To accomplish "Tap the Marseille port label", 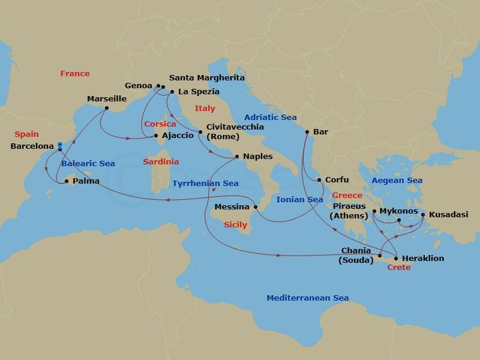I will (x=107, y=98).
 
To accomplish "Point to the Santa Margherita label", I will (x=206, y=78).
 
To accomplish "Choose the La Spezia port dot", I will (x=172, y=92).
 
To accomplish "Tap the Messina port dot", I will (x=256, y=207).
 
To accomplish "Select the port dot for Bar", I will (x=307, y=132).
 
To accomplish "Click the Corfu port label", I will (x=336, y=179).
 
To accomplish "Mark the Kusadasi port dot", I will (x=423, y=214).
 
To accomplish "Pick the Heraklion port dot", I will (x=396, y=258).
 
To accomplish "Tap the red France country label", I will (x=75, y=74).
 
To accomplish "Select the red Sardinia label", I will (x=161, y=162).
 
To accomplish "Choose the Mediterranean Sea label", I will (x=307, y=298).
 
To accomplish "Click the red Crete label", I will (x=399, y=268).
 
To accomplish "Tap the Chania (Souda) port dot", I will (x=380, y=254).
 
